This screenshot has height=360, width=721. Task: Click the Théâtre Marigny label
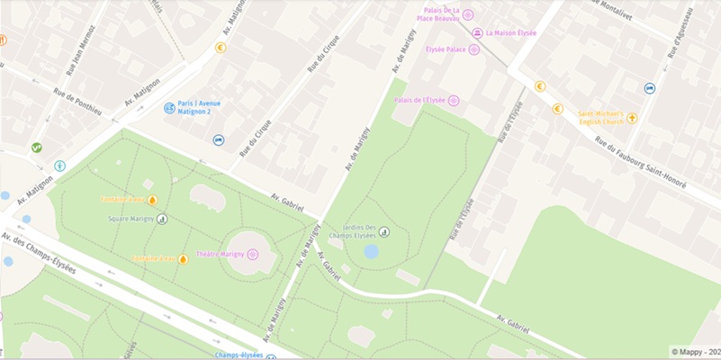point(221,255)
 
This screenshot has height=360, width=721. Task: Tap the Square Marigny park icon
point(162,219)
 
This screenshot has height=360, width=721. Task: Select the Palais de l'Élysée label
point(419,100)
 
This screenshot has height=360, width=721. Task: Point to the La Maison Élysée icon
point(477,33)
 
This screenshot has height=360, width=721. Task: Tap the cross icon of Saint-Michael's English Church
point(632,118)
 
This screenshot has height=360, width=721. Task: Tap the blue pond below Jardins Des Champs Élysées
point(371,251)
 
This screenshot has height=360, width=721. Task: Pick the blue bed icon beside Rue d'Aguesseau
point(650,88)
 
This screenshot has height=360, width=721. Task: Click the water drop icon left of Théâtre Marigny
point(183,259)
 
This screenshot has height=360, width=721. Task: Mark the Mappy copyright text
point(695,352)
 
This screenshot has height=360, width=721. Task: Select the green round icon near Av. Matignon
point(37,147)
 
